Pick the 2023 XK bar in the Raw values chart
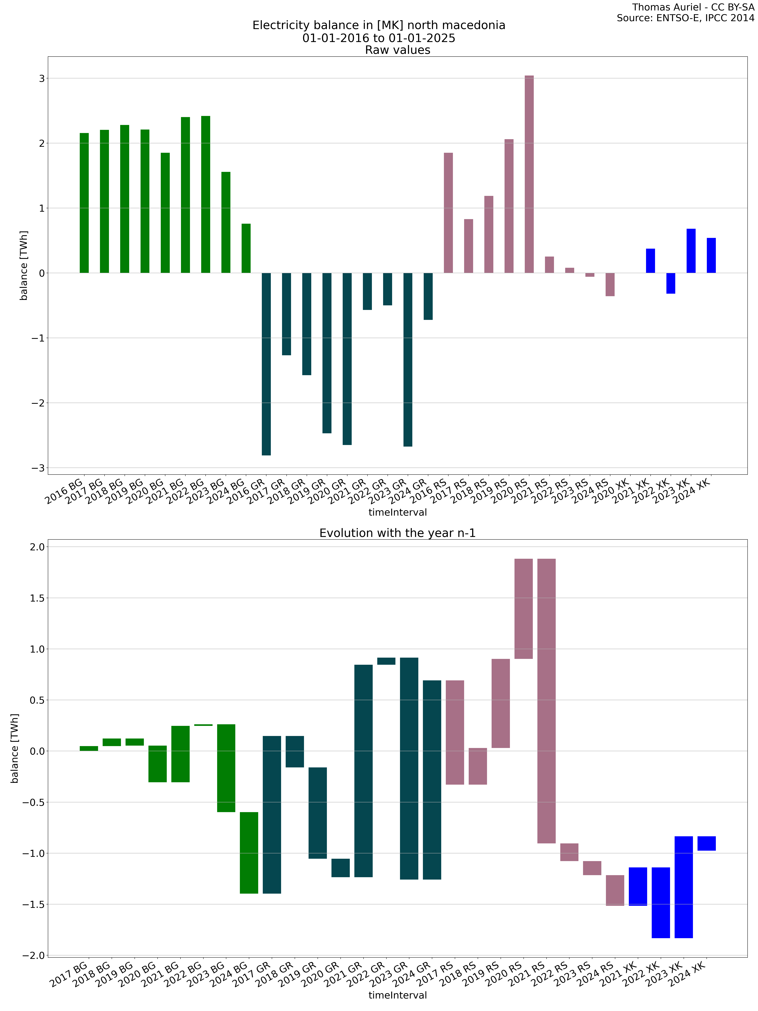(691, 251)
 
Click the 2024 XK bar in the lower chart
(706, 843)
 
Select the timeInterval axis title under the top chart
(397, 512)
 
